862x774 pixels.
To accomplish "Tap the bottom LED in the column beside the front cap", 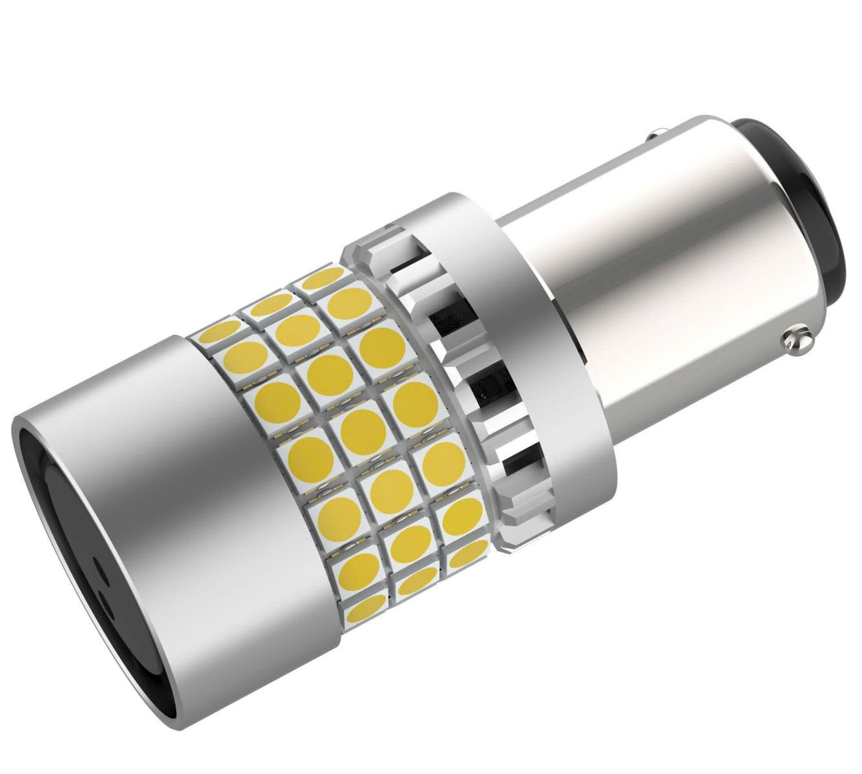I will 364,606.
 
